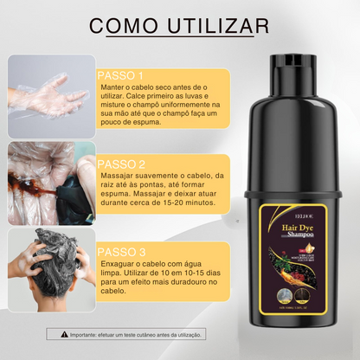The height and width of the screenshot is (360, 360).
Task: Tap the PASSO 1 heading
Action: coord(123,75)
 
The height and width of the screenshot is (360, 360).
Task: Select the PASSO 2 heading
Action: coord(123,164)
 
